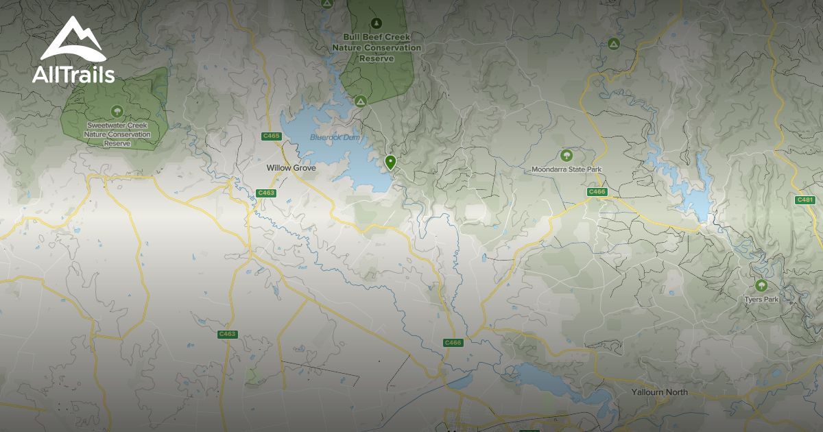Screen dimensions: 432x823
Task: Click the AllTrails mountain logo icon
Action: click(72, 40)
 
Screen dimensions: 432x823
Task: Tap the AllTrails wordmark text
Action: click(73, 75)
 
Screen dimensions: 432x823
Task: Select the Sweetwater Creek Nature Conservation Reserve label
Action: click(117, 134)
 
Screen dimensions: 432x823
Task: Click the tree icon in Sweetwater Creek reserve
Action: click(117, 111)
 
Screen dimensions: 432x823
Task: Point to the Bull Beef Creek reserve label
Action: click(377, 48)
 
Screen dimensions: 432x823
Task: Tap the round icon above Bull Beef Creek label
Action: click(377, 23)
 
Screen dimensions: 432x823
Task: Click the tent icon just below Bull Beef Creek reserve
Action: click(360, 101)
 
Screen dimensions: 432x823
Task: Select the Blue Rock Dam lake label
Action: click(335, 137)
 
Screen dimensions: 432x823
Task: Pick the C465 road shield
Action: click(272, 136)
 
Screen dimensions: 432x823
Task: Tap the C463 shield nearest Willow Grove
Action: click(266, 193)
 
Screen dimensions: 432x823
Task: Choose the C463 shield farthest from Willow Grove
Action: click(227, 334)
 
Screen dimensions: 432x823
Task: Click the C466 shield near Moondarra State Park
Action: click(597, 192)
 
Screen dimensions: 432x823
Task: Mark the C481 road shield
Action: click(805, 200)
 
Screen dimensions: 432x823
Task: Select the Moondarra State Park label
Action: click(566, 169)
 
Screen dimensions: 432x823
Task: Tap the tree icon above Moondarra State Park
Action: click(566, 155)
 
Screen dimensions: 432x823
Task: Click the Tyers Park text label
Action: click(761, 299)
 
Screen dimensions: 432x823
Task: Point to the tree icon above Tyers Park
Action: click(761, 285)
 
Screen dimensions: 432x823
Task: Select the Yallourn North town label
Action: click(659, 392)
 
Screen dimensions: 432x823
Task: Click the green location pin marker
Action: click(390, 163)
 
